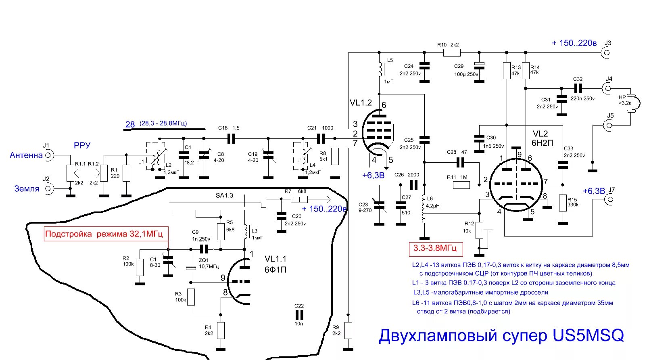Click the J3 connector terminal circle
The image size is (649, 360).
[x=606, y=52]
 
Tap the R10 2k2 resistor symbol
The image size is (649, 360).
[x=451, y=52]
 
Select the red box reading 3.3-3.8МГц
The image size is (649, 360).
[x=435, y=248]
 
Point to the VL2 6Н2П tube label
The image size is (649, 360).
[x=542, y=138]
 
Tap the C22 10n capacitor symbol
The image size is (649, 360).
[x=299, y=315]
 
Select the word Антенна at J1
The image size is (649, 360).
[x=26, y=155]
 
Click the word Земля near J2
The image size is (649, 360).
[x=27, y=188]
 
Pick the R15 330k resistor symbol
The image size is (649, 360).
[x=563, y=203]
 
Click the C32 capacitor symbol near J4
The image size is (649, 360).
[x=578, y=88]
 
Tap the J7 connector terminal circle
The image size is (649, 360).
[x=611, y=199]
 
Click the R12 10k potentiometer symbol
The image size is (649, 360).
[x=479, y=230]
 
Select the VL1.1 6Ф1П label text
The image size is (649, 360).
[x=275, y=264]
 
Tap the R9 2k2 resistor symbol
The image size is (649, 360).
[x=348, y=331]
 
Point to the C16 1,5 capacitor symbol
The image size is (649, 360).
[x=231, y=139]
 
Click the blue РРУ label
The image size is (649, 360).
[x=82, y=145]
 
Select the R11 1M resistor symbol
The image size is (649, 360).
[x=461, y=185]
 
